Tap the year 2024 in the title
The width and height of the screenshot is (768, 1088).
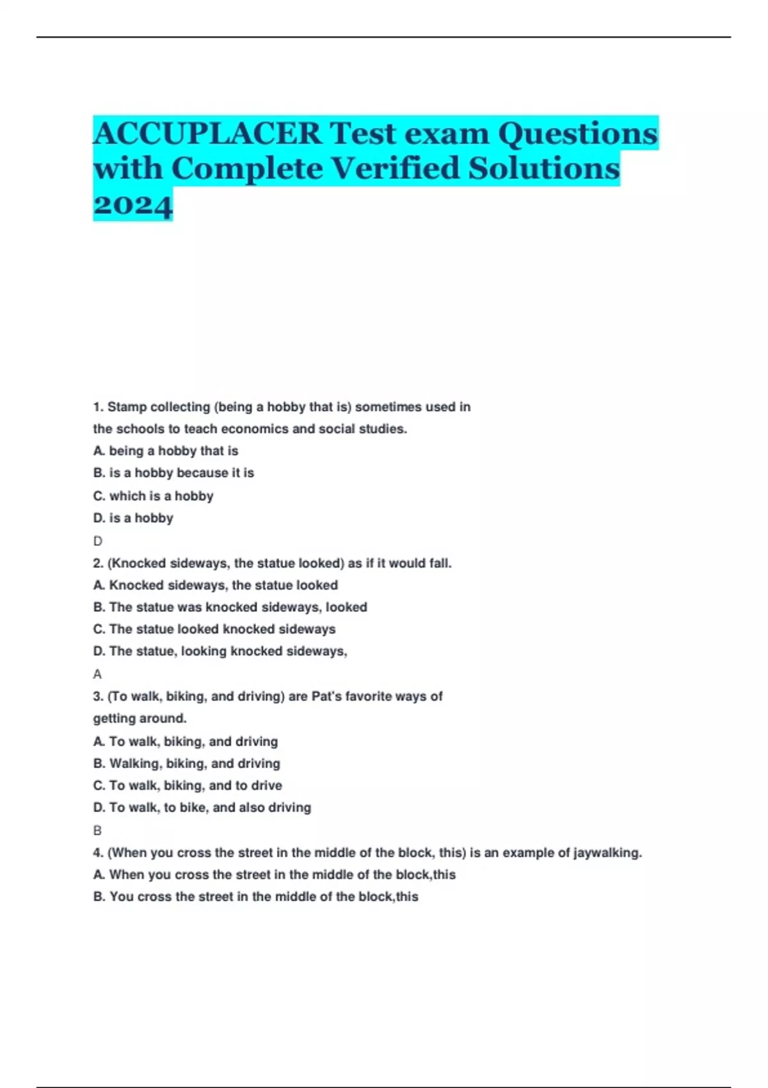click(133, 204)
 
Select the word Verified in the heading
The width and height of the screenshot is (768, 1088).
click(396, 169)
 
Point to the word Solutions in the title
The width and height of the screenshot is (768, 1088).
click(544, 169)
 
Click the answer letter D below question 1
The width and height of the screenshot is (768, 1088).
click(97, 541)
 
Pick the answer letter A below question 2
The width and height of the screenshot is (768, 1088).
click(97, 674)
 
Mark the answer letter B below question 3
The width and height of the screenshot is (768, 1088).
click(97, 831)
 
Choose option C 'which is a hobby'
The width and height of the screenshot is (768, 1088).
click(153, 496)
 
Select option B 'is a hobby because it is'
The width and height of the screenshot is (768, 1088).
click(173, 473)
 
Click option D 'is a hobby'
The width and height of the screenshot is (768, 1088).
click(133, 518)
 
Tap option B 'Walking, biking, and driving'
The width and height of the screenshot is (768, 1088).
click(186, 764)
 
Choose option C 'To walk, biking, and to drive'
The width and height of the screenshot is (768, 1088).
click(188, 785)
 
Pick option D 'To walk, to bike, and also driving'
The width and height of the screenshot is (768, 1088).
click(202, 808)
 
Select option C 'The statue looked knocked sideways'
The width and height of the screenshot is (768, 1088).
click(214, 629)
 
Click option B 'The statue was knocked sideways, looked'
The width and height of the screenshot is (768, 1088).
click(230, 607)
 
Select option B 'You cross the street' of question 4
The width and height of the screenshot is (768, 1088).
click(255, 897)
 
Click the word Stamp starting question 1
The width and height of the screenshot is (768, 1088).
click(127, 407)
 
